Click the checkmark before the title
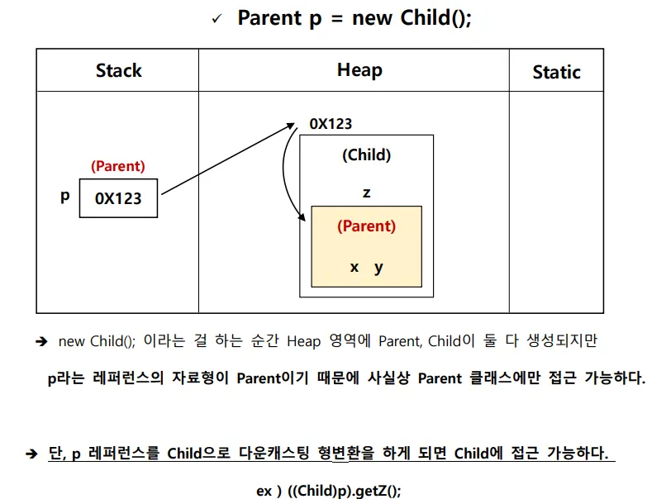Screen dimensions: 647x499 point(216,19)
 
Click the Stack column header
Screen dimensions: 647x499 point(119,70)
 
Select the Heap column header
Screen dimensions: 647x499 point(359,70)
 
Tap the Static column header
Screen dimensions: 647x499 point(557,72)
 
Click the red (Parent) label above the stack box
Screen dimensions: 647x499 point(118,166)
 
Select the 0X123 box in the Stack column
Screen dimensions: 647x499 point(118,198)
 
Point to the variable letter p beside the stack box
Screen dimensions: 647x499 point(64,197)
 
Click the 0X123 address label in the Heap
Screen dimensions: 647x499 point(331,124)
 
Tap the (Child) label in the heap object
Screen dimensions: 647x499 point(366,155)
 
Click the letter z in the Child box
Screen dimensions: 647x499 point(366,192)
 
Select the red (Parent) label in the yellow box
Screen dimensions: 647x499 point(366,226)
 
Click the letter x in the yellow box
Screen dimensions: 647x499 point(354,267)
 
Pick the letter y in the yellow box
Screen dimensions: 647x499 point(378,269)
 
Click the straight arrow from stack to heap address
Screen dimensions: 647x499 point(228,159)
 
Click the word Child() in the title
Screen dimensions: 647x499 point(435,18)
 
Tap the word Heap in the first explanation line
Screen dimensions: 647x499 point(304,342)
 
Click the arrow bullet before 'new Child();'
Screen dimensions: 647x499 point(41,341)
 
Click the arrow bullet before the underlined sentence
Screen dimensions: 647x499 point(31,454)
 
